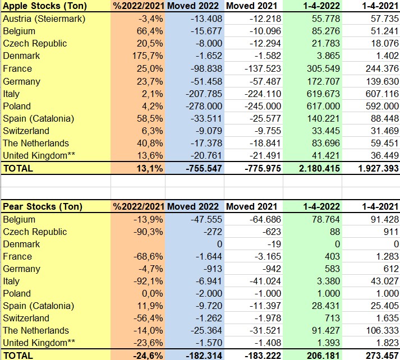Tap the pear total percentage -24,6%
click(147, 355)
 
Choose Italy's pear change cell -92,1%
click(147, 281)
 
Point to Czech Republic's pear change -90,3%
click(147, 232)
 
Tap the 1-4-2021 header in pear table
click(375, 206)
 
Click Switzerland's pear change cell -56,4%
click(147, 318)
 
